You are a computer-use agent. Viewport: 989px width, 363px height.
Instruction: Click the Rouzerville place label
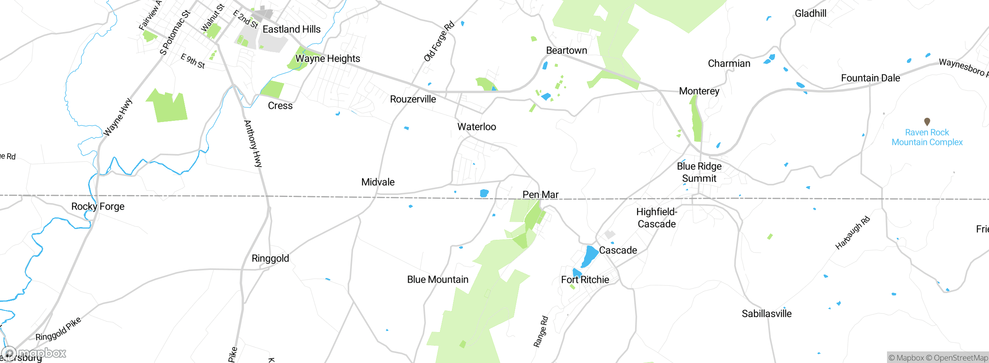pos(413,99)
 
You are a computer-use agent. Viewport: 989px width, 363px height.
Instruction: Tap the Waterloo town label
pos(476,127)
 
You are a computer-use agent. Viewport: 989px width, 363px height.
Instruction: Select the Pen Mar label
pos(540,195)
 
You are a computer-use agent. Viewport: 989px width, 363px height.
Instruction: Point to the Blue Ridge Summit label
pos(699,172)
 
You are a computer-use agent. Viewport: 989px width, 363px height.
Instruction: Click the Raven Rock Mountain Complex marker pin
pos(927,122)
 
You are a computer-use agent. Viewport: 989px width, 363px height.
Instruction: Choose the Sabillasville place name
pos(766,314)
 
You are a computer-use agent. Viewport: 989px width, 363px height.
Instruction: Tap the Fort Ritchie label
pos(585,280)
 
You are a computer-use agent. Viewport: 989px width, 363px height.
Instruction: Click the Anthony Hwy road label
pos(253,144)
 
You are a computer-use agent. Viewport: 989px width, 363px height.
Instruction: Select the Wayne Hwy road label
pos(118,117)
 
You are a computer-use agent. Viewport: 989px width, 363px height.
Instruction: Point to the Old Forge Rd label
pos(439,42)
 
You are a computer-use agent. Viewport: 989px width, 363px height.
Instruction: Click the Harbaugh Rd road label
pos(853,233)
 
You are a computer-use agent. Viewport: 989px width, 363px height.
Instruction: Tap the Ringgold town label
pos(270,258)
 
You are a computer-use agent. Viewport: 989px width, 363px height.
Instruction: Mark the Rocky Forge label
pos(98,207)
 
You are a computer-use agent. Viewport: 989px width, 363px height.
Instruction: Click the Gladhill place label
pos(811,14)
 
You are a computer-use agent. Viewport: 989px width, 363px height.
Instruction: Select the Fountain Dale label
pos(870,78)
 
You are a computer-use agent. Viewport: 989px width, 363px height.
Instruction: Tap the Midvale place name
pos(378,182)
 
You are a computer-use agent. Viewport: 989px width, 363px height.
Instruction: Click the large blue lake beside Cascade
pos(590,256)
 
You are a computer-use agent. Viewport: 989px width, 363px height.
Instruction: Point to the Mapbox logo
pos(35,353)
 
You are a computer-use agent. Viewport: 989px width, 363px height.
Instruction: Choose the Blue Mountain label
pos(437,280)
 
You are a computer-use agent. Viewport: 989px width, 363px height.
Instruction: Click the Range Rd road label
pos(541,332)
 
